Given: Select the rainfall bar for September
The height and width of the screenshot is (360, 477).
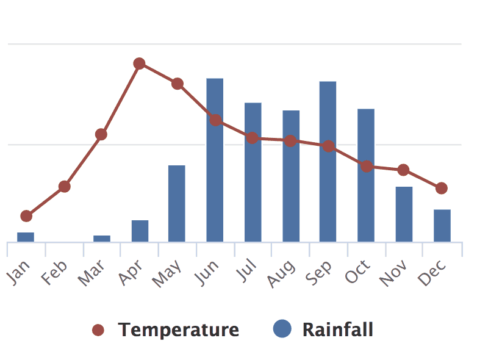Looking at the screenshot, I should pyautogui.click(x=328, y=161).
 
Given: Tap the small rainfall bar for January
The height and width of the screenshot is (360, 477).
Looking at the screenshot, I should pyautogui.click(x=26, y=237).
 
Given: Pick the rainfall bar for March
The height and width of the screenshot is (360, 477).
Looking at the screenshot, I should pyautogui.click(x=102, y=238).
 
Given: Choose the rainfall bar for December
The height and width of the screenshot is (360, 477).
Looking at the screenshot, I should pyautogui.click(x=442, y=225).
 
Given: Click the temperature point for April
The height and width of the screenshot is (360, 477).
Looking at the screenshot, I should pyautogui.click(x=139, y=63).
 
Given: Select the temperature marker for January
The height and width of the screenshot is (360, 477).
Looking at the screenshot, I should pyautogui.click(x=26, y=216).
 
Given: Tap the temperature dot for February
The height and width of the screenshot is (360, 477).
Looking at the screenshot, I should pyautogui.click(x=64, y=187).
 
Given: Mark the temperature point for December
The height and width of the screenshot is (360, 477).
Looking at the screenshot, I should pyautogui.click(x=442, y=188).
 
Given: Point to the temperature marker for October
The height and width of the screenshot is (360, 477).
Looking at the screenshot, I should pyautogui.click(x=366, y=166).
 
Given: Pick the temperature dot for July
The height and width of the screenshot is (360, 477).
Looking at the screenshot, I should pyautogui.click(x=252, y=138).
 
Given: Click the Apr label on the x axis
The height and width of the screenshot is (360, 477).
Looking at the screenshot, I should pyautogui.click(x=131, y=272).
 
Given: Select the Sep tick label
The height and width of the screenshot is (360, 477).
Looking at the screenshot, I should pyautogui.click(x=320, y=272).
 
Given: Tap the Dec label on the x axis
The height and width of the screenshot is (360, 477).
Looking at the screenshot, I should pyautogui.click(x=434, y=272).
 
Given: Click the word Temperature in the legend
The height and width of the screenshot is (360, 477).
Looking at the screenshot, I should pyautogui.click(x=179, y=330).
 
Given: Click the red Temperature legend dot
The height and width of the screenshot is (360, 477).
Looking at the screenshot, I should pyautogui.click(x=98, y=330).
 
